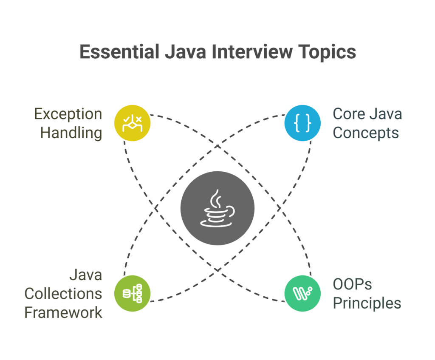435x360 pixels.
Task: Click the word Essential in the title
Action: (x=119, y=52)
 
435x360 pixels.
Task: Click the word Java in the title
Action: (x=185, y=52)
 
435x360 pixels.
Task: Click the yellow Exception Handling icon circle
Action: (x=133, y=123)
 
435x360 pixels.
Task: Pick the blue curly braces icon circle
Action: (x=302, y=123)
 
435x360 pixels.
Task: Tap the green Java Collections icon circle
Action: (x=133, y=293)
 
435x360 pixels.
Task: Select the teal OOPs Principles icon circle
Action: (x=302, y=293)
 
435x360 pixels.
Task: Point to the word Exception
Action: (x=68, y=114)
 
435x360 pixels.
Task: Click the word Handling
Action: (x=71, y=133)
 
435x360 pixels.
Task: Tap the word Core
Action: (x=349, y=114)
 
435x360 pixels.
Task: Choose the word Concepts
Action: (x=366, y=133)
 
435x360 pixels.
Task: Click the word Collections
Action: (x=63, y=294)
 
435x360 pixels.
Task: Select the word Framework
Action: (x=63, y=312)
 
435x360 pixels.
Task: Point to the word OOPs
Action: (x=352, y=284)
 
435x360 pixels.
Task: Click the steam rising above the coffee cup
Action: (x=215, y=199)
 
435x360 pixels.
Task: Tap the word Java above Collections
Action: (x=86, y=275)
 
